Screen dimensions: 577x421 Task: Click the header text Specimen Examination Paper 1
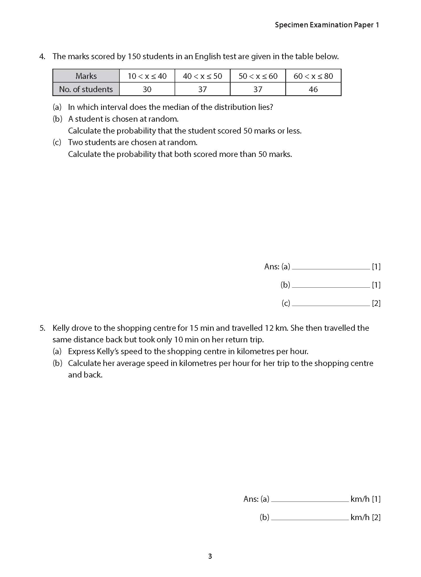coord(327,25)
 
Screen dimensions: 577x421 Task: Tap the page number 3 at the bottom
coord(210,556)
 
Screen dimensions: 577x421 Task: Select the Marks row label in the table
coord(86,76)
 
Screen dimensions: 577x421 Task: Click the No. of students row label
coord(86,89)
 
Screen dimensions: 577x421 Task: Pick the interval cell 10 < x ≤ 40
coord(147,76)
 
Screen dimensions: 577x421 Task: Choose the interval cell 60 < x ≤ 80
coord(313,76)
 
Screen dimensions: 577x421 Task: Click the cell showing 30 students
coord(147,89)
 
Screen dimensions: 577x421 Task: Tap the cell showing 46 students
coord(313,89)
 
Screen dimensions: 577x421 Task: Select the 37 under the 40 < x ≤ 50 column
coord(202,89)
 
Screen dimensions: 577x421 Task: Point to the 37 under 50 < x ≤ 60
coord(258,89)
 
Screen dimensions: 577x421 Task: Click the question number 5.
coord(42,328)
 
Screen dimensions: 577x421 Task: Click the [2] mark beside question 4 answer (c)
coord(376,303)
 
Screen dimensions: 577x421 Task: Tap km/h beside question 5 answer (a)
coord(360,499)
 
